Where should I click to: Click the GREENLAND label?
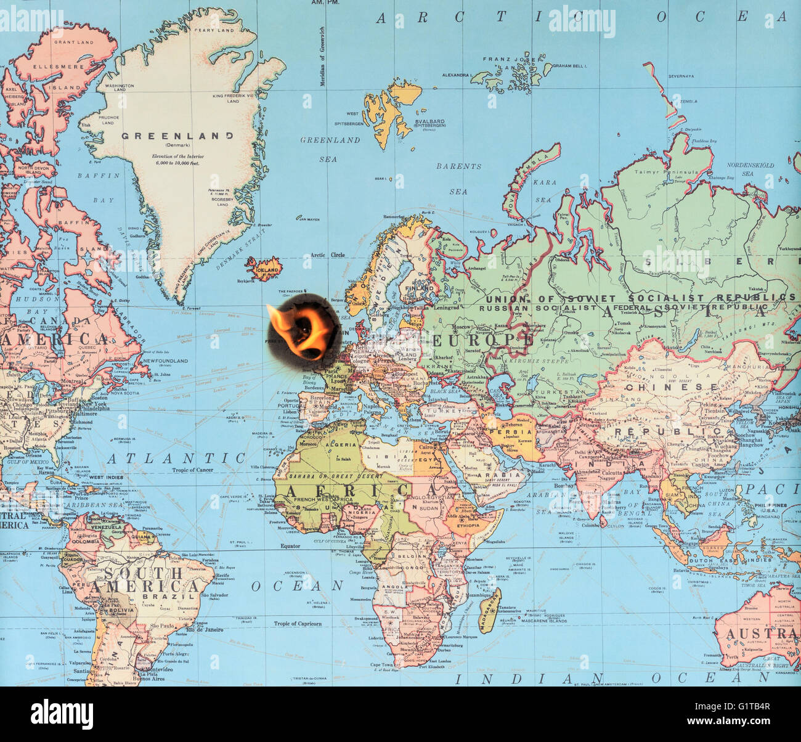(x=177, y=136)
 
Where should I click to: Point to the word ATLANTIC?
(x=176, y=458)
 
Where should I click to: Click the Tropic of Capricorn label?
(x=298, y=624)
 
